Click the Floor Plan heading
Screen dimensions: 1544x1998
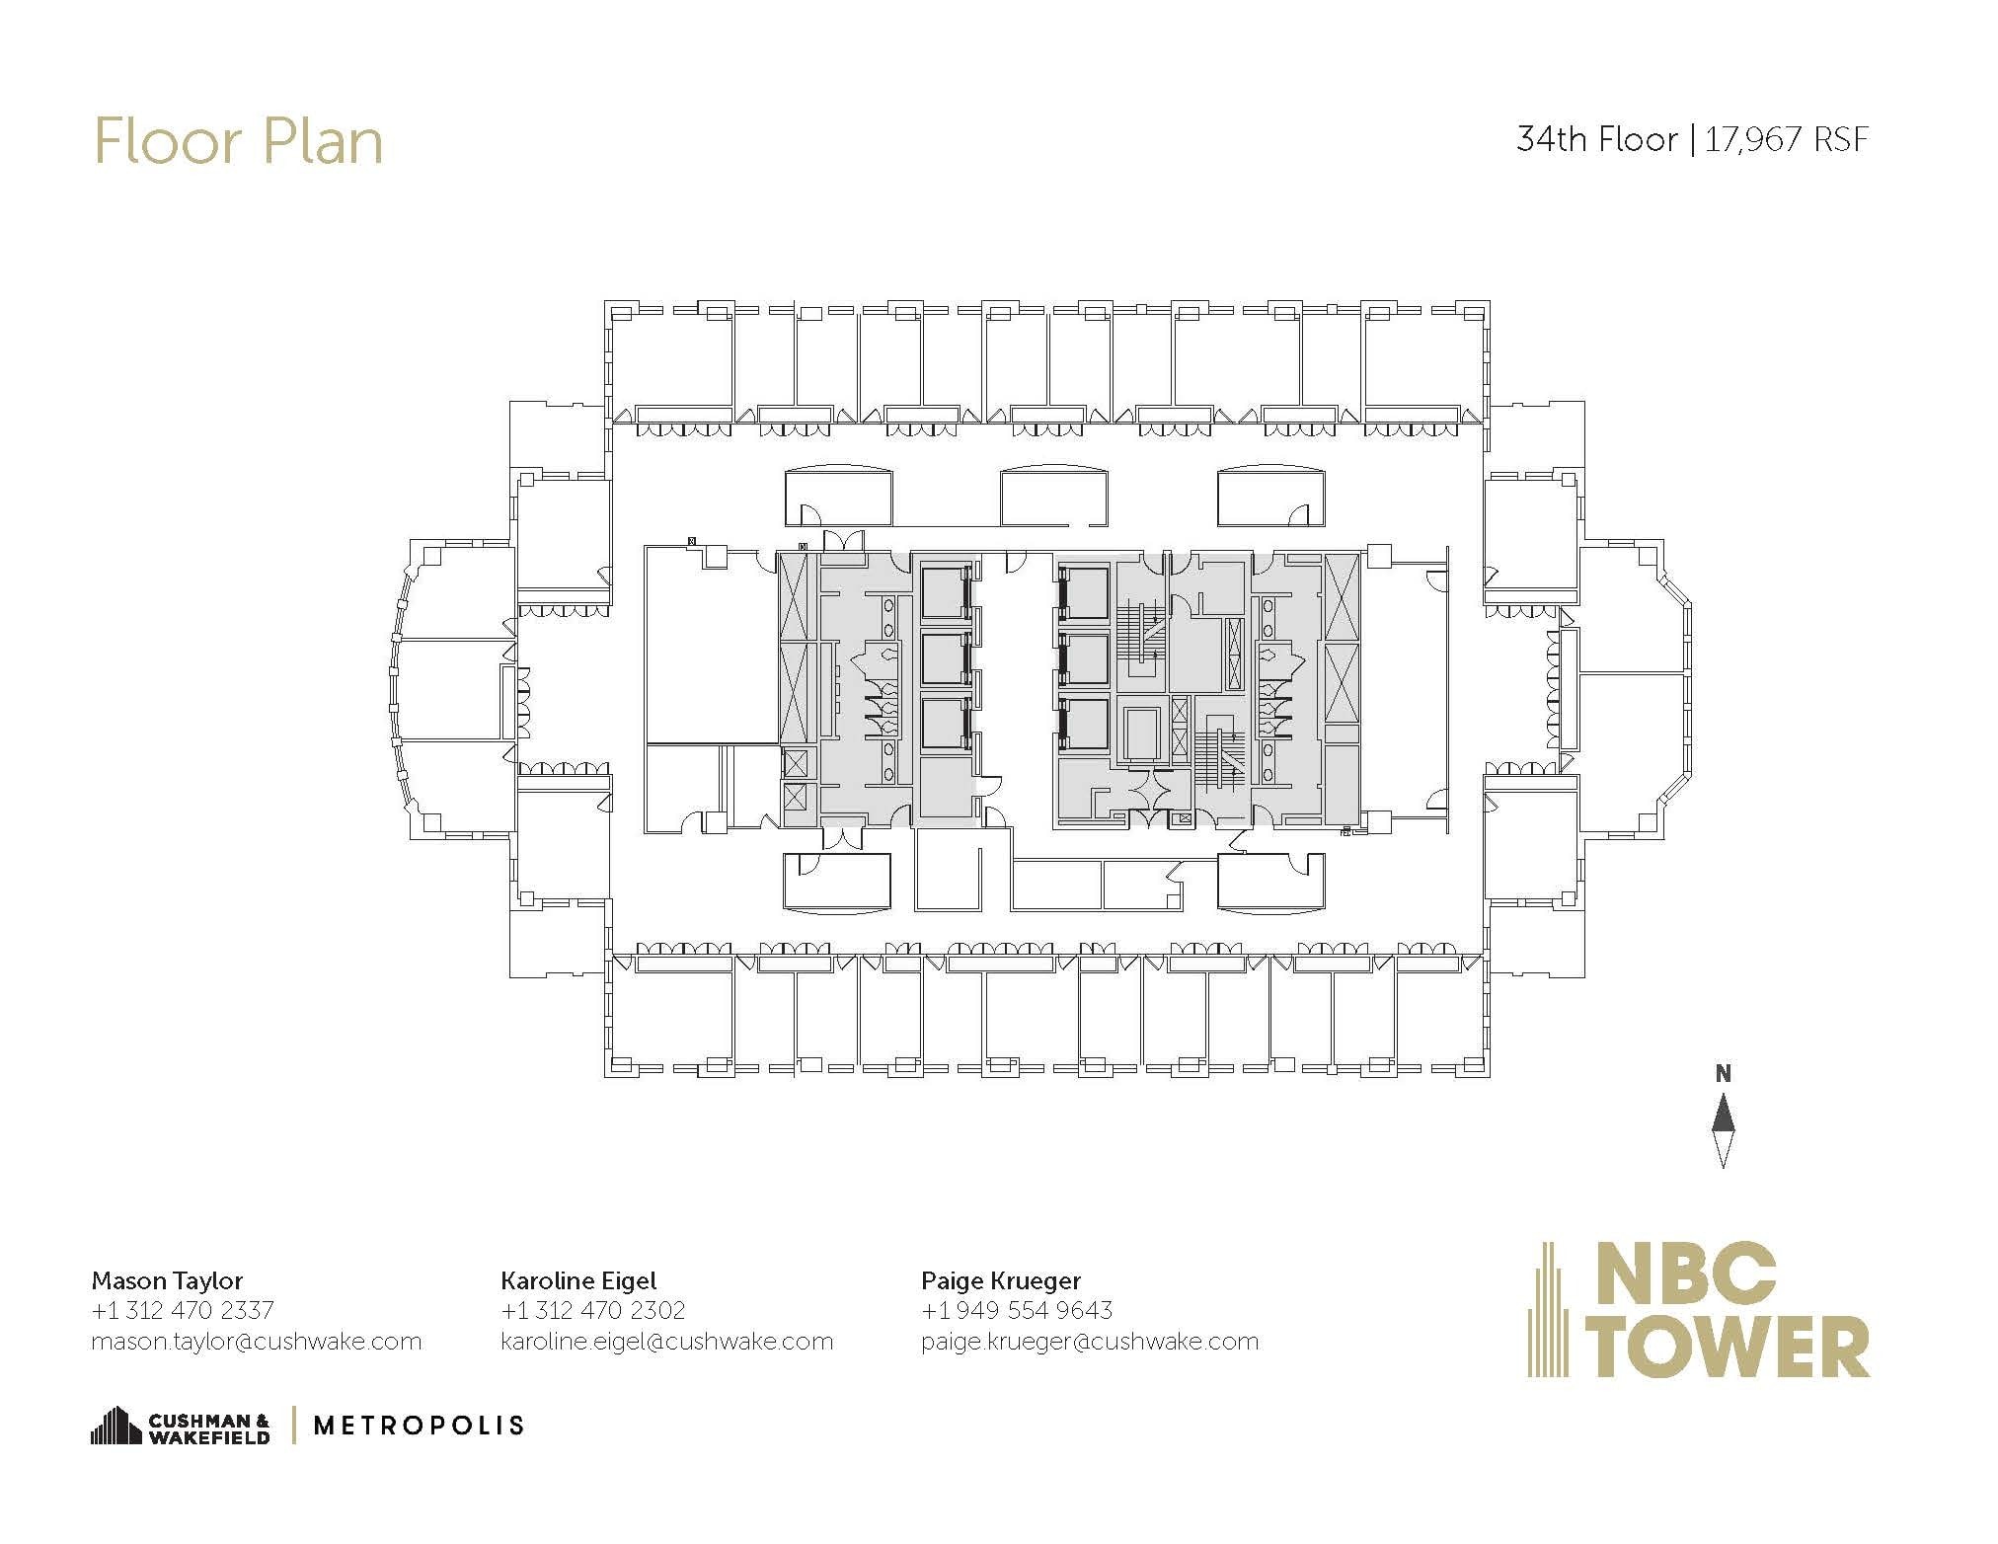click(238, 141)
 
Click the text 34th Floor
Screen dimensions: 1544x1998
click(1596, 139)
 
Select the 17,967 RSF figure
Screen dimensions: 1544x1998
click(1787, 139)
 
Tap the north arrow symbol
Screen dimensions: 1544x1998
click(1723, 1130)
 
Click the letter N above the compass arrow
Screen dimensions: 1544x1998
click(1723, 1074)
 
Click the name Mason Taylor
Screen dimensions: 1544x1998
click(167, 1280)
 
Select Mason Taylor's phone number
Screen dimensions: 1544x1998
click(183, 1310)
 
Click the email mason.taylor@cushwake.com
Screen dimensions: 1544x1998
click(256, 1342)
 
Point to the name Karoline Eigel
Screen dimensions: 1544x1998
click(578, 1280)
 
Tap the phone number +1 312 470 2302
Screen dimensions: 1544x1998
click(593, 1310)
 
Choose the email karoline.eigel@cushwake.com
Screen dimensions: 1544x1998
click(667, 1342)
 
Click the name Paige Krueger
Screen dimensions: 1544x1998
click(1001, 1280)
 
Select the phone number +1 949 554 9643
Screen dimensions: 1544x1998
click(1017, 1310)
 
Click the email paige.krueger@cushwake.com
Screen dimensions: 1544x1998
click(1090, 1342)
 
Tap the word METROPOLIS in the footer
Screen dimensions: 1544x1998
click(418, 1426)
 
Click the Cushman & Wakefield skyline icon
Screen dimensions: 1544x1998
click(115, 1425)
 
